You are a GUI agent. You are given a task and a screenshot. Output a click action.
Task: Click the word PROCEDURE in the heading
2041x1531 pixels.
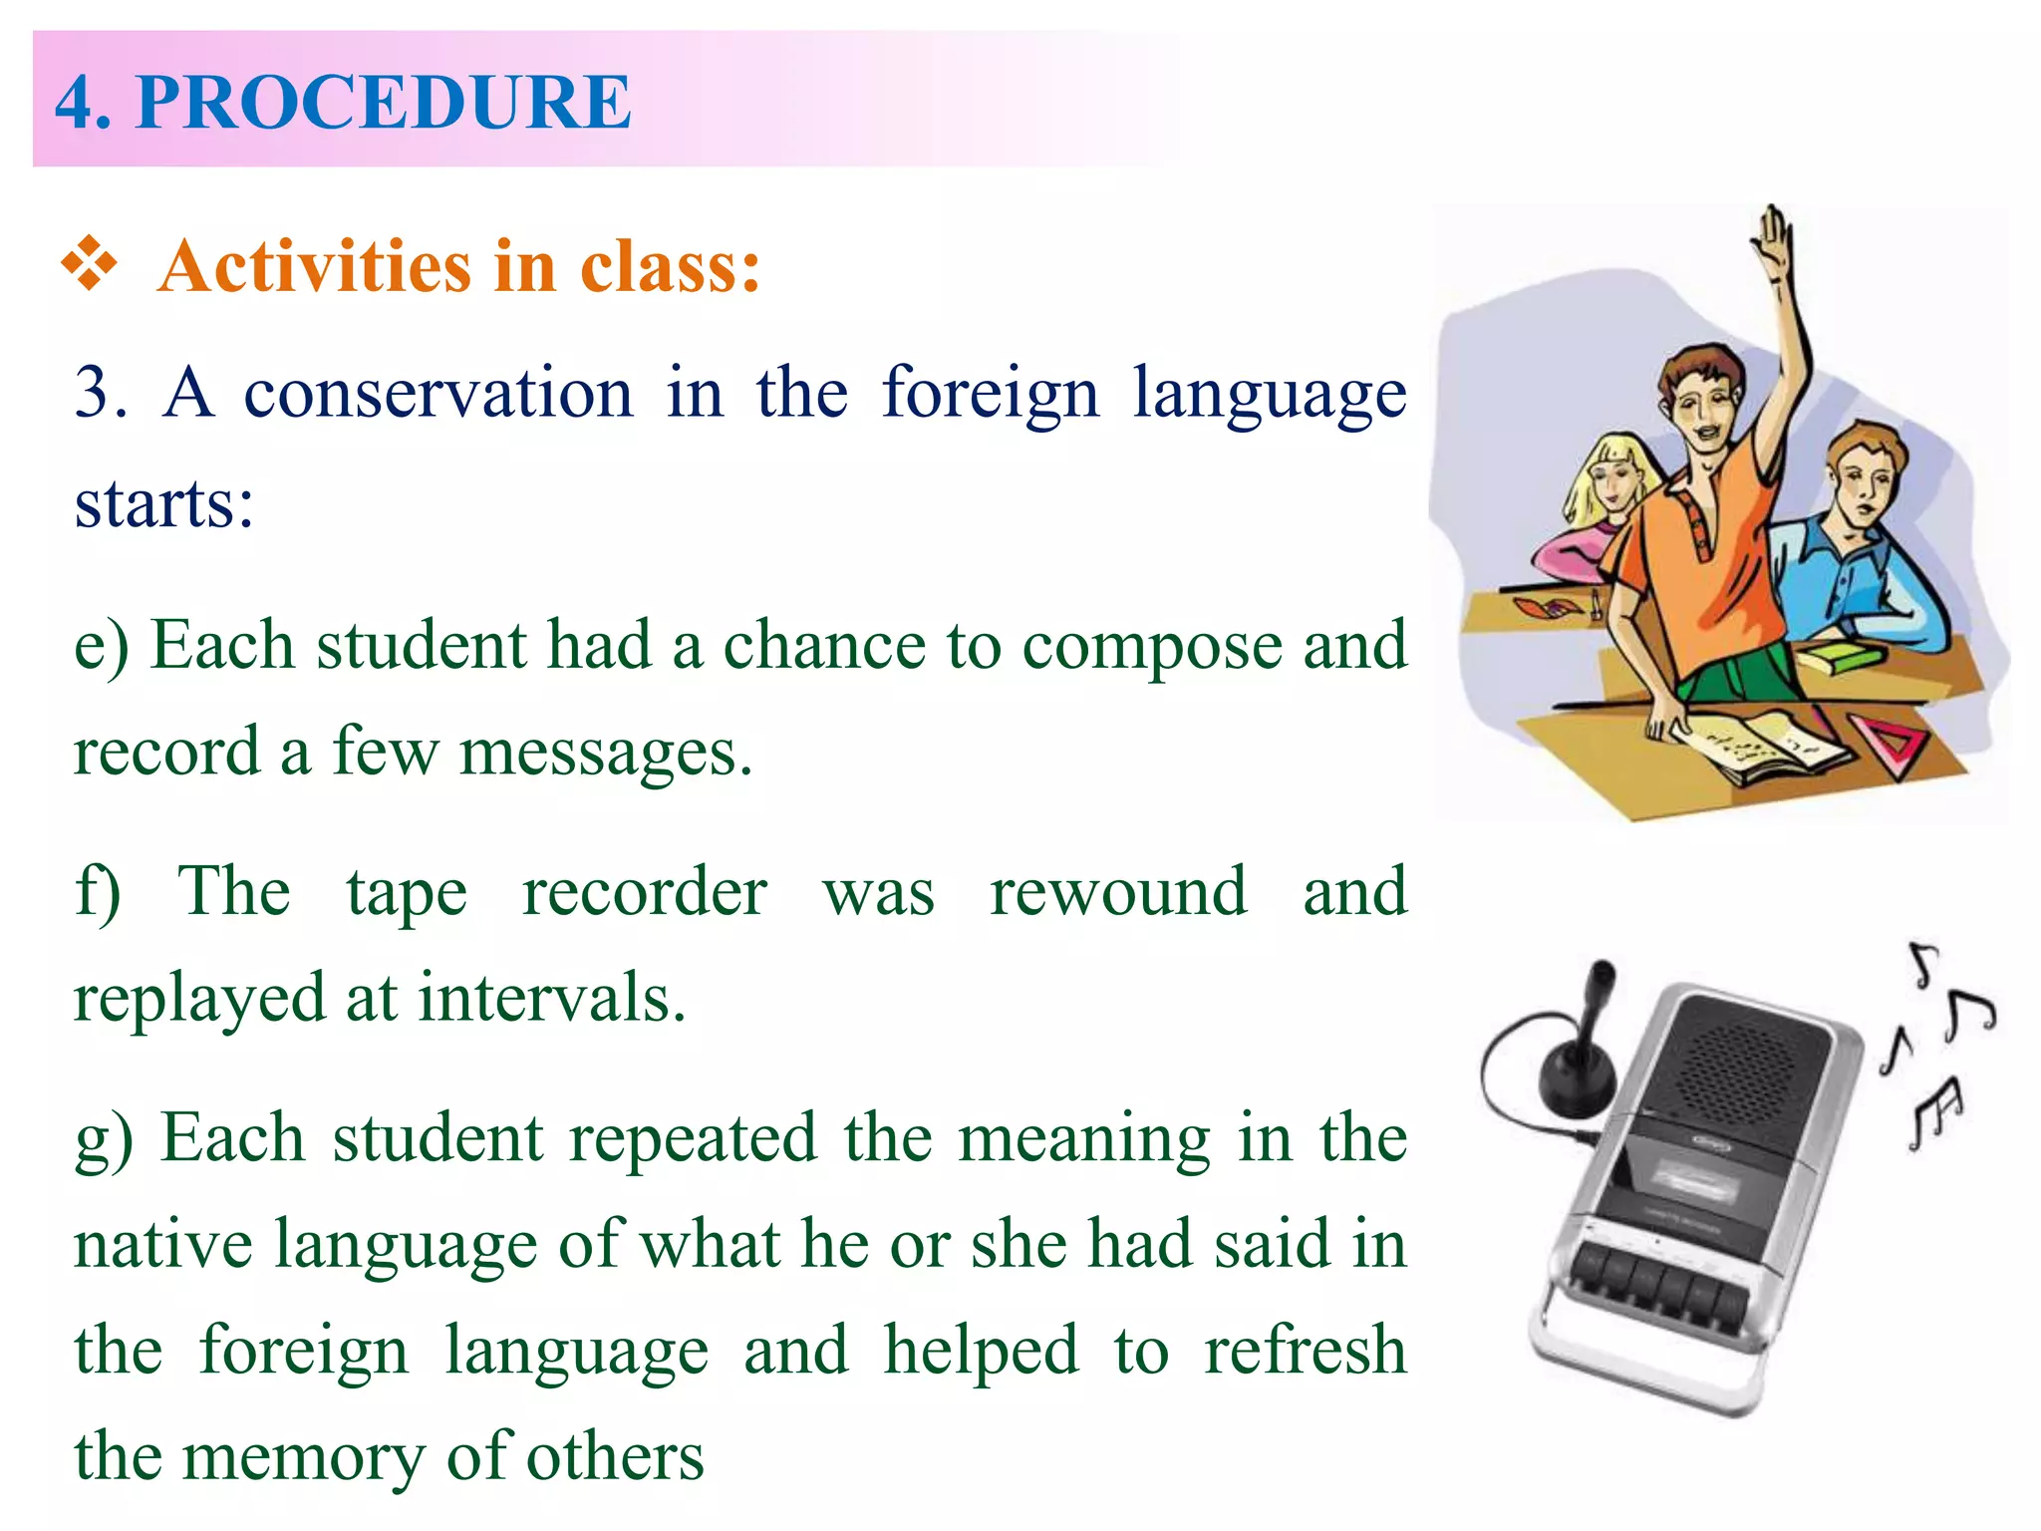(384, 102)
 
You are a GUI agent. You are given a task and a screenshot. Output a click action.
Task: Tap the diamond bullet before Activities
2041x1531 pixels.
(90, 264)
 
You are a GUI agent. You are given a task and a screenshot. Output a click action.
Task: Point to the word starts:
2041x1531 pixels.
(164, 504)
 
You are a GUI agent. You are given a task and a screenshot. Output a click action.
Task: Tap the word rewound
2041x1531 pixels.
(1118, 892)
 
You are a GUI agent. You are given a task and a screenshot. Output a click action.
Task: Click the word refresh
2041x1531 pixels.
(1306, 1351)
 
